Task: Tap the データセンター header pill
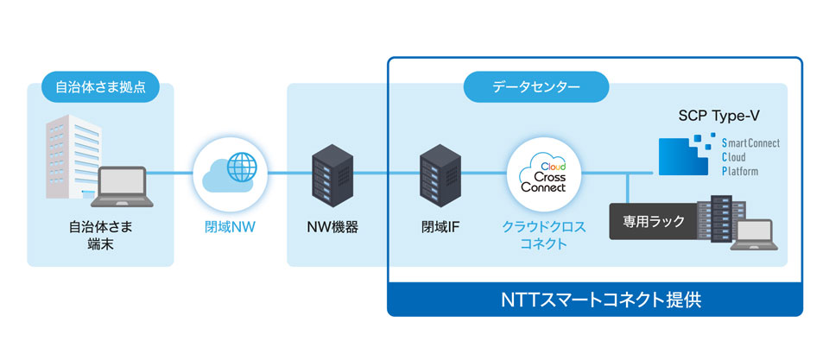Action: [536, 87]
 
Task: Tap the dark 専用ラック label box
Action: [654, 222]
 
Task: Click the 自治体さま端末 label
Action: [100, 236]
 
